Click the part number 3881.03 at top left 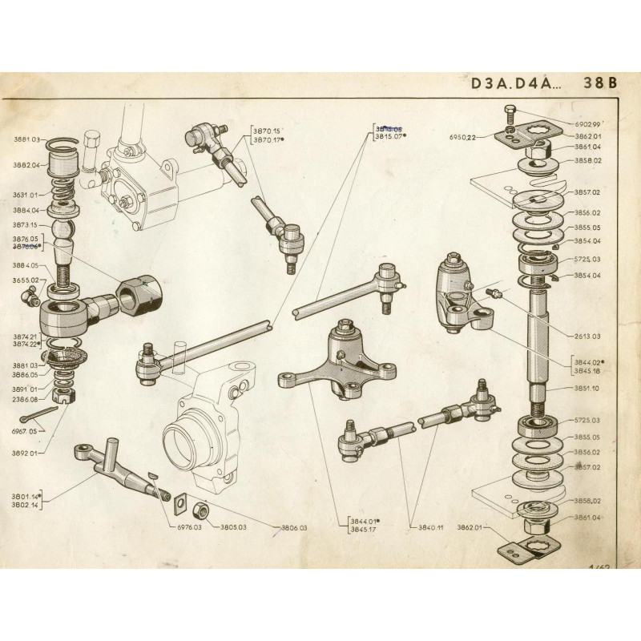(26, 139)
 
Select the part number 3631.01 (26, 195)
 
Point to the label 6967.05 (26, 431)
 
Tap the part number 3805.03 (232, 527)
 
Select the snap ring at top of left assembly (63, 144)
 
